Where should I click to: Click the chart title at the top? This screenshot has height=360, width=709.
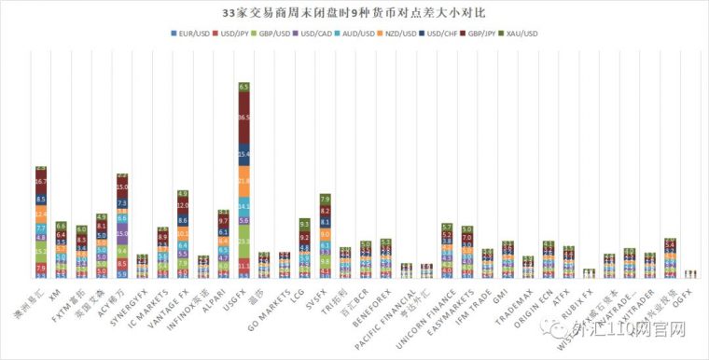click(354, 13)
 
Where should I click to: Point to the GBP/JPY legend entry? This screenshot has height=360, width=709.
click(477, 33)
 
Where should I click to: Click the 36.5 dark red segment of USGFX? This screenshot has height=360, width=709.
click(244, 118)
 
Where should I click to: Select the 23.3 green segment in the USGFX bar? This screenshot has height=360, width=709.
click(244, 241)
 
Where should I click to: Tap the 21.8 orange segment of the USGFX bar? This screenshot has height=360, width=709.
click(244, 180)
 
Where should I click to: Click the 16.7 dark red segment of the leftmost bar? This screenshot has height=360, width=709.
click(40, 182)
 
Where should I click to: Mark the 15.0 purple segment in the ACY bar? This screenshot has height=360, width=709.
click(122, 234)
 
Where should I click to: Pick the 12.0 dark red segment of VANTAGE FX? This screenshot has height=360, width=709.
click(183, 204)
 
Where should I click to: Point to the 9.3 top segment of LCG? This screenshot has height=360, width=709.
click(305, 224)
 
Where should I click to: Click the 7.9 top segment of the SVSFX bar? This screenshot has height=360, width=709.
click(326, 199)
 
